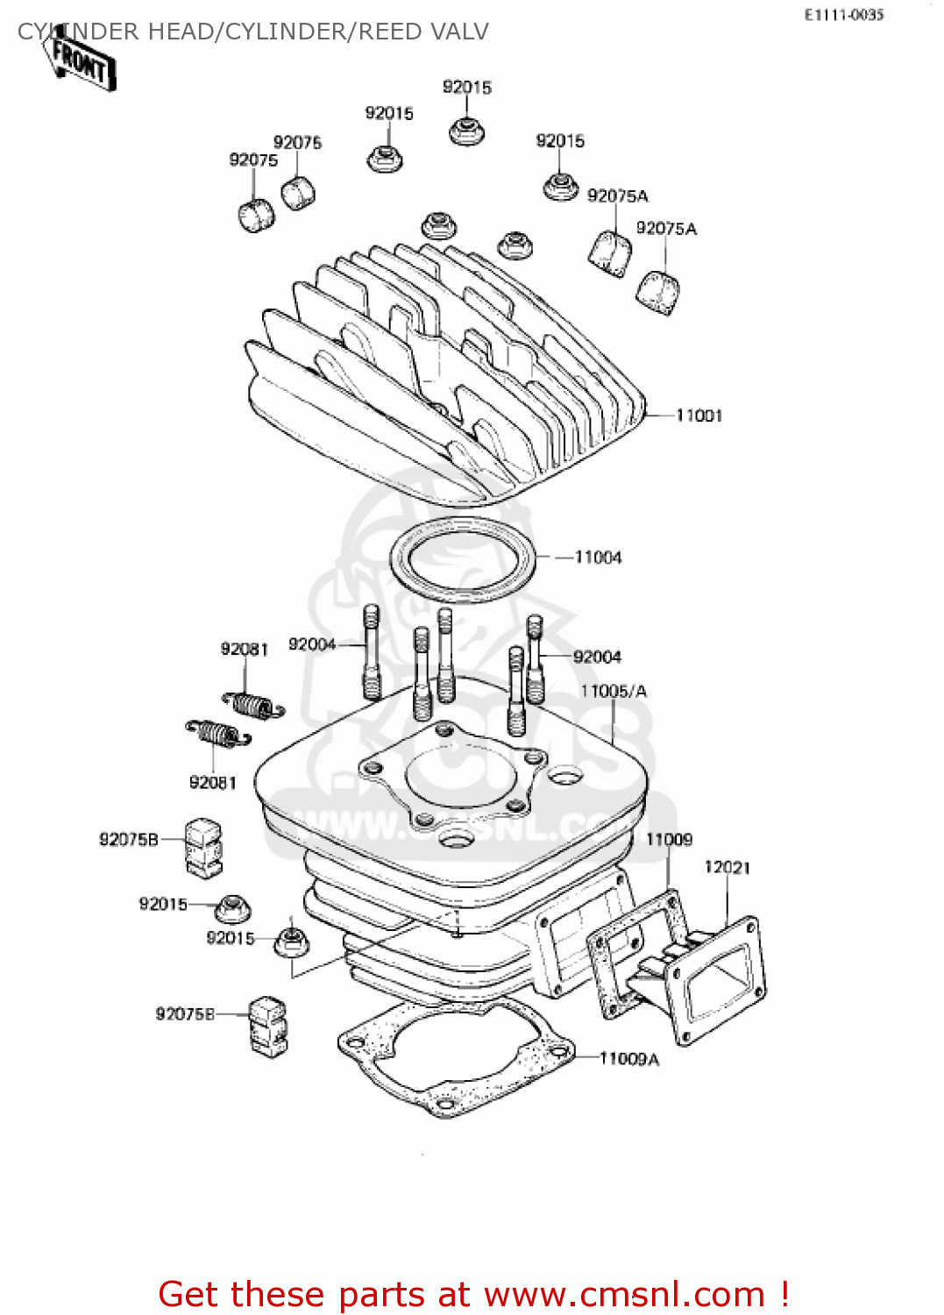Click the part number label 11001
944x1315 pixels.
699,416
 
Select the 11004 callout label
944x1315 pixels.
598,558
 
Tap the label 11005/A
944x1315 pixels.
614,692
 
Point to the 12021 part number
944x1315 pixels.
727,867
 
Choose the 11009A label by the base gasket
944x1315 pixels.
628,1059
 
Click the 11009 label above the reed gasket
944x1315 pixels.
669,840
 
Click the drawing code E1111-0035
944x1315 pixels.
844,15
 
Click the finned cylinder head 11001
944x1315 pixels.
438,386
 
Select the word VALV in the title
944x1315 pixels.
458,32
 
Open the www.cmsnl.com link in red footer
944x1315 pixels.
624,1294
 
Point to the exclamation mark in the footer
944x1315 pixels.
784,1294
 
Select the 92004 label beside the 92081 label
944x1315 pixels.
312,645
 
